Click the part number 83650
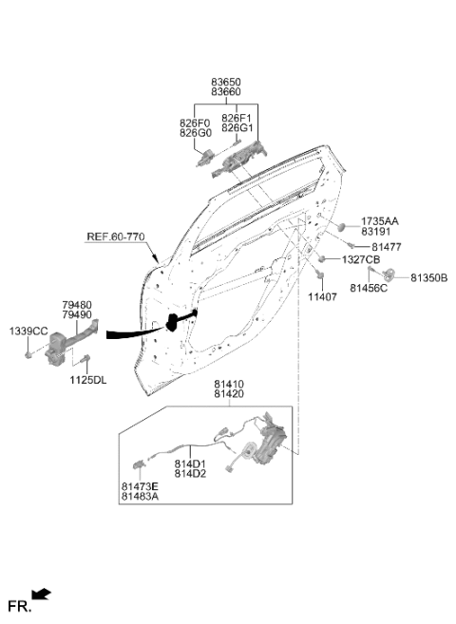225,82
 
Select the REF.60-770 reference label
116,236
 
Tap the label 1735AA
380,221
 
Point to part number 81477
387,247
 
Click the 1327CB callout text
361,260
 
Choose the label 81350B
429,277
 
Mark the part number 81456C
369,288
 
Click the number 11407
322,297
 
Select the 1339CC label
28,331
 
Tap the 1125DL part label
88,380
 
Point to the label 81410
229,385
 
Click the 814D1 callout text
190,464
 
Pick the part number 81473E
140,486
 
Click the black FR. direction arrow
41,595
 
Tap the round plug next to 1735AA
341,227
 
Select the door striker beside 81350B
388,274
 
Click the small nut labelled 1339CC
28,354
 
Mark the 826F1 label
237,118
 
